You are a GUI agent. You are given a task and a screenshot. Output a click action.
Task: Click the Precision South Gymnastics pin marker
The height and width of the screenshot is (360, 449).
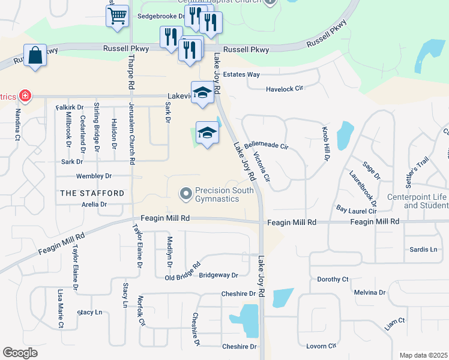pos(185,193)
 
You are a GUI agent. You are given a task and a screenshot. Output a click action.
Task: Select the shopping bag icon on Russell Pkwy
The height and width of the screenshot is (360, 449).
pos(35,55)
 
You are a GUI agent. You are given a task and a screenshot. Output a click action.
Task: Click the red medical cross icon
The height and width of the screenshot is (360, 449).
pos(25,95)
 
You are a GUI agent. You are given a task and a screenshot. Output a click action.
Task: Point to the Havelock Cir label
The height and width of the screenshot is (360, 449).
pos(285,89)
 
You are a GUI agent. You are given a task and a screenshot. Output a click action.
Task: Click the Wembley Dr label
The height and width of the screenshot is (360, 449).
pos(94,176)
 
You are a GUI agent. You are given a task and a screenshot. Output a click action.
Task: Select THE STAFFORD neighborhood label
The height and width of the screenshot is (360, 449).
pos(92,193)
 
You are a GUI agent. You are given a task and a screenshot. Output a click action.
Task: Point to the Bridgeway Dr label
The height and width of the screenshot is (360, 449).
pos(218,275)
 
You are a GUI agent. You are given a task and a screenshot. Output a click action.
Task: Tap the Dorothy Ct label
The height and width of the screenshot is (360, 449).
pos(333,279)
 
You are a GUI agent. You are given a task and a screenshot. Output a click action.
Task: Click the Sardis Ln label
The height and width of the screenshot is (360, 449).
pos(424,249)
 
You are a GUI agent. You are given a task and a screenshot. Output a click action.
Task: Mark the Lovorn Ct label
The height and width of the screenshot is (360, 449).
pos(321,346)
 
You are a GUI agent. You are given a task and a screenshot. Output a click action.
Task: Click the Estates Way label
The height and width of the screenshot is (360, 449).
pos(241,74)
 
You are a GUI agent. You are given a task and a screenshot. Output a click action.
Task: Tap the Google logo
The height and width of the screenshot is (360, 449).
pos(20,353)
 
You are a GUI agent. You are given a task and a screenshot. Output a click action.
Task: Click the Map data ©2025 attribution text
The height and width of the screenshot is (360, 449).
pos(423,355)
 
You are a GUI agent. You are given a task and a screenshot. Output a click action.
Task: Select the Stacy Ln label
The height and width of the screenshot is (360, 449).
pos(90,313)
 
